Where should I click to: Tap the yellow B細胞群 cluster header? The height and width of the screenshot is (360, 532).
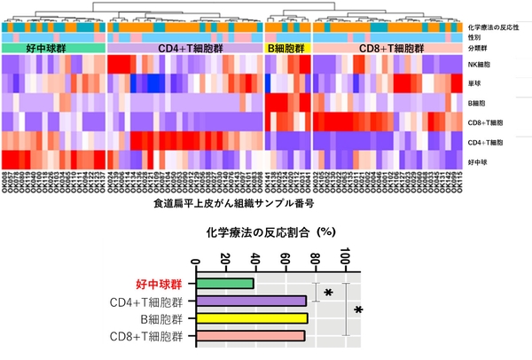point(288,48)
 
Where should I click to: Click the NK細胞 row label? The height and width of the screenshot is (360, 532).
point(482,65)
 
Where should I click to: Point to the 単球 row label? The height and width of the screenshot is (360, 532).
point(477,84)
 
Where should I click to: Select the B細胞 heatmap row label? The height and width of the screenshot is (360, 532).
point(479,104)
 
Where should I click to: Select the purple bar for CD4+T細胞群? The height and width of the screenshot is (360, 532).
point(251,301)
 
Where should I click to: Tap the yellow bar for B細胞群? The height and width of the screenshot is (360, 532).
point(252,318)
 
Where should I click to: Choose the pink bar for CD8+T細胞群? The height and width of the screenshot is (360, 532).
point(251,335)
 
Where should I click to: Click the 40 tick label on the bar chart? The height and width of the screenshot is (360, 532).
point(256,258)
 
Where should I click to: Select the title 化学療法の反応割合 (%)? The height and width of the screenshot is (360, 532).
point(265,235)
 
